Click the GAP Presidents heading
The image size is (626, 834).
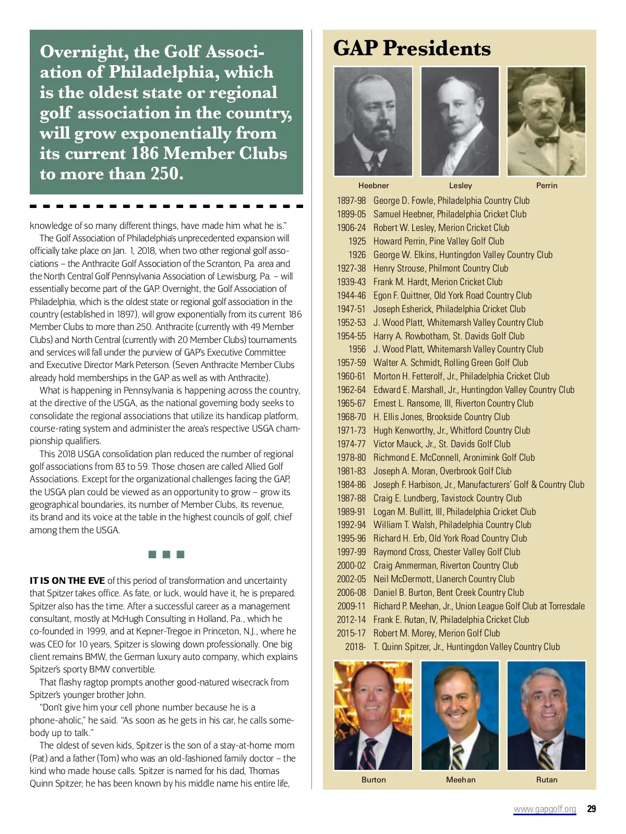(x=412, y=48)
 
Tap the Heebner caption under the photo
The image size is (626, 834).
(x=374, y=186)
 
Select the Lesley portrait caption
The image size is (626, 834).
(x=460, y=186)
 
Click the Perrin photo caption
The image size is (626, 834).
(x=547, y=186)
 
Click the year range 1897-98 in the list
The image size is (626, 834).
(x=351, y=201)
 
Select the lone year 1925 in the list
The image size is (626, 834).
(x=357, y=241)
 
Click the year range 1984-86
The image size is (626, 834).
(x=351, y=485)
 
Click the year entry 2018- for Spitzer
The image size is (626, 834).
(x=355, y=647)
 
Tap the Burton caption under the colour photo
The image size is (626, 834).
(x=374, y=780)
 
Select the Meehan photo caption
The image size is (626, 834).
(x=460, y=780)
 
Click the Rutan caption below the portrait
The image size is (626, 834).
(x=547, y=780)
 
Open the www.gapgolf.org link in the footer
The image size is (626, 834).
(x=545, y=809)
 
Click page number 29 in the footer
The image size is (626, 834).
(x=591, y=809)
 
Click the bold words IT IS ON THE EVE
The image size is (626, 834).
(x=67, y=581)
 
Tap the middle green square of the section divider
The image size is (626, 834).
(x=166, y=554)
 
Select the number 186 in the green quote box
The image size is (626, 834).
(x=145, y=154)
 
